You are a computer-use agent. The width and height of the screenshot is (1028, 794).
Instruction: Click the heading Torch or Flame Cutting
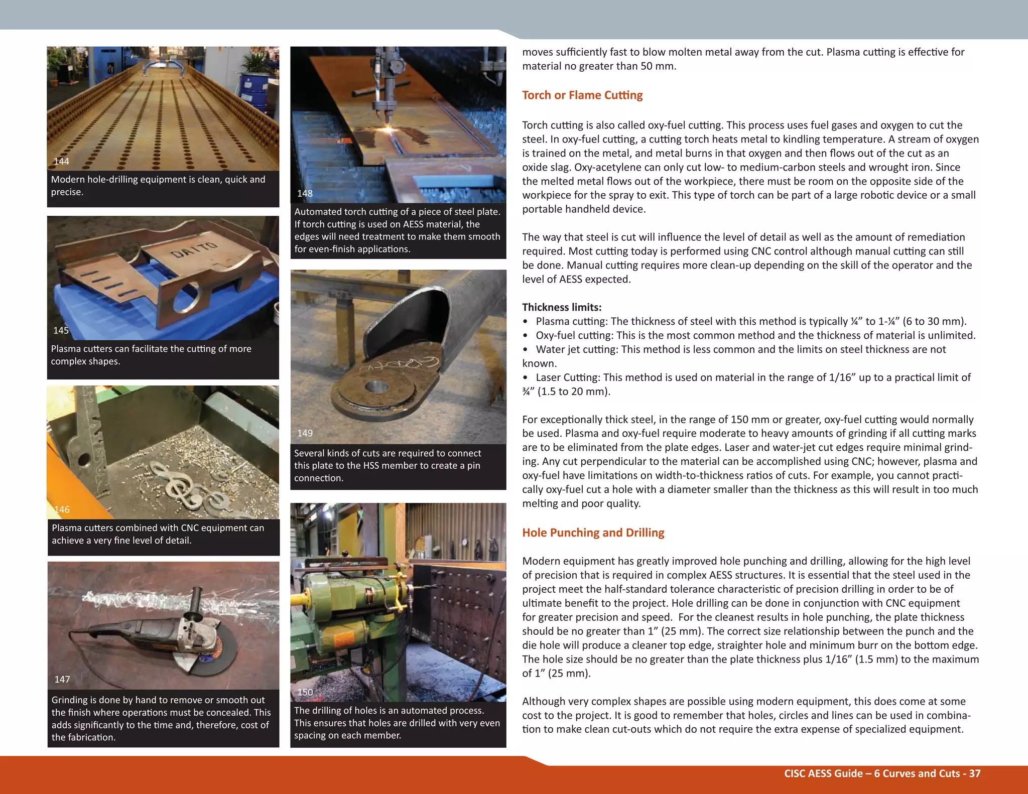click(582, 95)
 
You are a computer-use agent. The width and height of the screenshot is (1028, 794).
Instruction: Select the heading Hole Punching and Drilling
click(593, 533)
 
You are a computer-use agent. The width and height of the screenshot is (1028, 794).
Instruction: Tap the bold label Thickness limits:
click(562, 307)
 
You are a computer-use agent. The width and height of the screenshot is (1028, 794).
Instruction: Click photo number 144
click(61, 161)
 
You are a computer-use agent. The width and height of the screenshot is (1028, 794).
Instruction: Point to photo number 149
click(305, 433)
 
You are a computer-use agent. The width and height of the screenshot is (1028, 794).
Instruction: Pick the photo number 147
click(62, 679)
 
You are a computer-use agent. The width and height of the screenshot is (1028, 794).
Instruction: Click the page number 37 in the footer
click(974, 773)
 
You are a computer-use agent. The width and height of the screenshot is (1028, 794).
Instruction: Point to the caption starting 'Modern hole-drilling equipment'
click(158, 186)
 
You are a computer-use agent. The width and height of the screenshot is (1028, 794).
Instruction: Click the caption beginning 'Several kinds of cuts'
click(388, 465)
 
